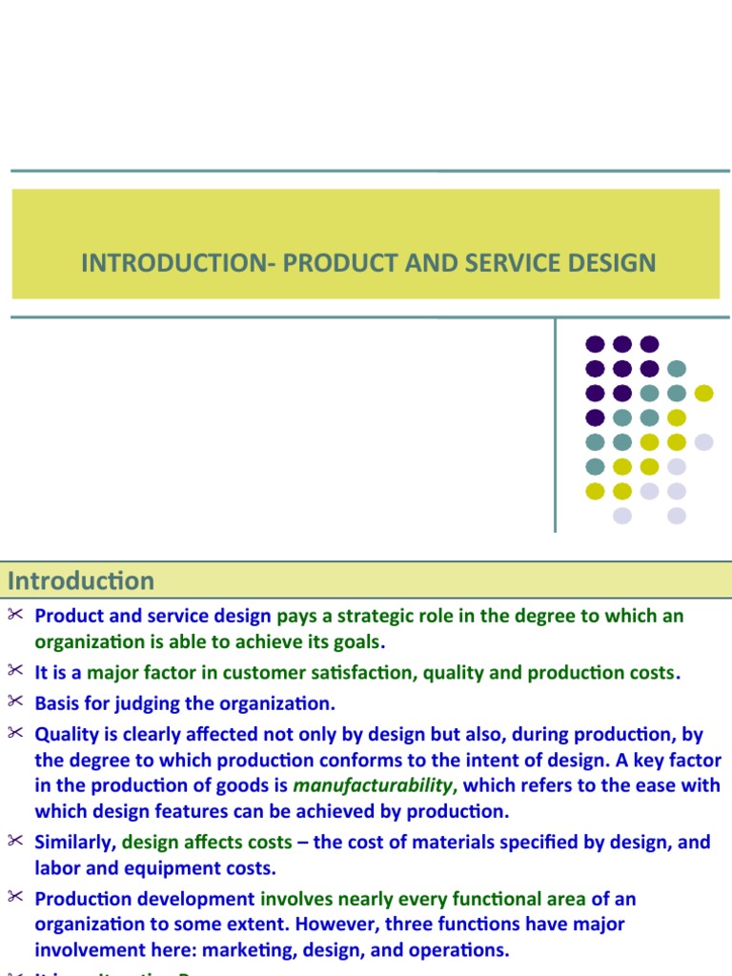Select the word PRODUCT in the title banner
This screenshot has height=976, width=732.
336,262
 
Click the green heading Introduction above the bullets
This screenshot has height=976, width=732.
80,580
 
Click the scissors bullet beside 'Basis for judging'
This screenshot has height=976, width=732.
14,702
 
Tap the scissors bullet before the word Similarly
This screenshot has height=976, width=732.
14,841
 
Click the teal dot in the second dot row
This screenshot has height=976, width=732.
677,369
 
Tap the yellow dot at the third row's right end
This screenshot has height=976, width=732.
703,393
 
